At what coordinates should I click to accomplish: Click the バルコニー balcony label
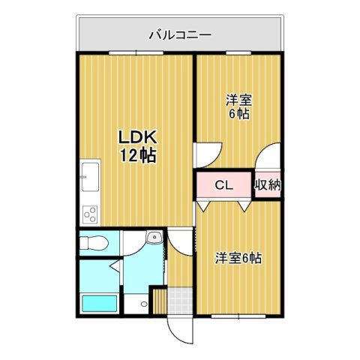click(x=180, y=34)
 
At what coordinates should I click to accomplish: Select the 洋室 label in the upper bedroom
click(x=238, y=100)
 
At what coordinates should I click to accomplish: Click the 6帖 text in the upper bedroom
click(x=238, y=114)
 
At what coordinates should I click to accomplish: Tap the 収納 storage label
click(x=268, y=184)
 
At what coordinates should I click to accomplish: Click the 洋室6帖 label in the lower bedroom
click(x=238, y=258)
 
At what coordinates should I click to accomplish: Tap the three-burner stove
click(x=90, y=214)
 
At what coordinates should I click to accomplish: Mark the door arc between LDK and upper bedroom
click(x=206, y=154)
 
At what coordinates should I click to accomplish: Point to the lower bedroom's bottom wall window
click(x=238, y=316)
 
